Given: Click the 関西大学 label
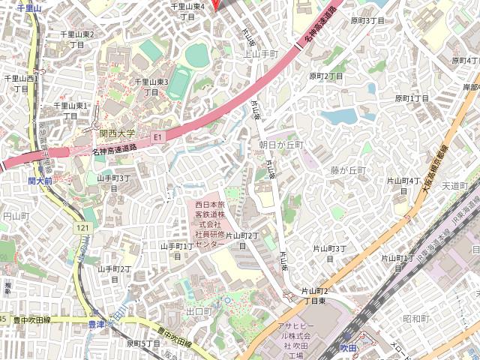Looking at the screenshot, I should pyautogui.click(x=118, y=133).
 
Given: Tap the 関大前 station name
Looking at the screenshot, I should pyautogui.click(x=40, y=181).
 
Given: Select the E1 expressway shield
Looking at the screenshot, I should pyautogui.click(x=157, y=137).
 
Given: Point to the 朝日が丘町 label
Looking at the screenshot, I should pyautogui.click(x=280, y=144).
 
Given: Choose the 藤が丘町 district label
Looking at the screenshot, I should pyautogui.click(x=348, y=170).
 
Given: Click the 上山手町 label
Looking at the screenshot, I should pyautogui.click(x=261, y=54).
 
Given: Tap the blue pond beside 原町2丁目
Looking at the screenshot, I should pyautogui.click(x=341, y=116).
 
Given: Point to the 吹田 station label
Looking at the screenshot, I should pyautogui.click(x=349, y=347).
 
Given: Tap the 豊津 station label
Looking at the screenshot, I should pyautogui.click(x=97, y=324).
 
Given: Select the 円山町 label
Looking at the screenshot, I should pyautogui.click(x=15, y=216).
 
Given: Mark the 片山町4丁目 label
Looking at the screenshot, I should pyautogui.click(x=403, y=185).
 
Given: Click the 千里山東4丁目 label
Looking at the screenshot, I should pyautogui.click(x=187, y=11).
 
